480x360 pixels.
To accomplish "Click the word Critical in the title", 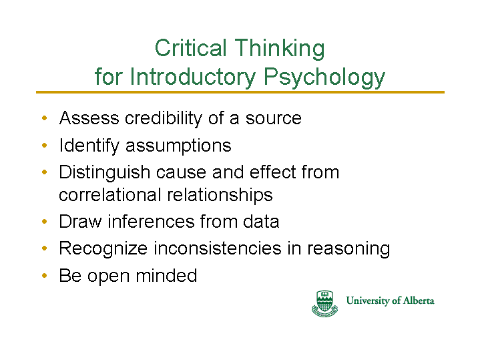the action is point(190,48).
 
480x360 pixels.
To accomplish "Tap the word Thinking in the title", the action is point(280,49).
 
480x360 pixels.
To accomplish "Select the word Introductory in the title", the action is point(193,76).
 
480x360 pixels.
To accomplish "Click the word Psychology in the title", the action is point(324,77).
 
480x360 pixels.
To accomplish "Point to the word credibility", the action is point(164,119).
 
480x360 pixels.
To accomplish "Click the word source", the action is point(273,119).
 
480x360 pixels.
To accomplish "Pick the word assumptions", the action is point(178,146).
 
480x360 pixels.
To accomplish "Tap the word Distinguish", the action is point(104,173).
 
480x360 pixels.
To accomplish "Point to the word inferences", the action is point(151,221).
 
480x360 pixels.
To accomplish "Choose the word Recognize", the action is point(103,248).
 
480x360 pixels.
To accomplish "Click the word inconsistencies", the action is point(218,248).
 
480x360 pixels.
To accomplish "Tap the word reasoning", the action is point(348,249).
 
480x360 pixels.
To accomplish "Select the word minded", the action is point(166,275).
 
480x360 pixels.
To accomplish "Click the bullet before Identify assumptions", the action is point(45,145).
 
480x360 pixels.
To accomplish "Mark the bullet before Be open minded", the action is point(45,275).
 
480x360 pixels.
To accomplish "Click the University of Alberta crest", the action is point(325,303).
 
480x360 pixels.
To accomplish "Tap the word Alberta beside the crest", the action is point(419,301).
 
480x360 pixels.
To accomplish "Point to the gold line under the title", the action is point(240,92).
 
